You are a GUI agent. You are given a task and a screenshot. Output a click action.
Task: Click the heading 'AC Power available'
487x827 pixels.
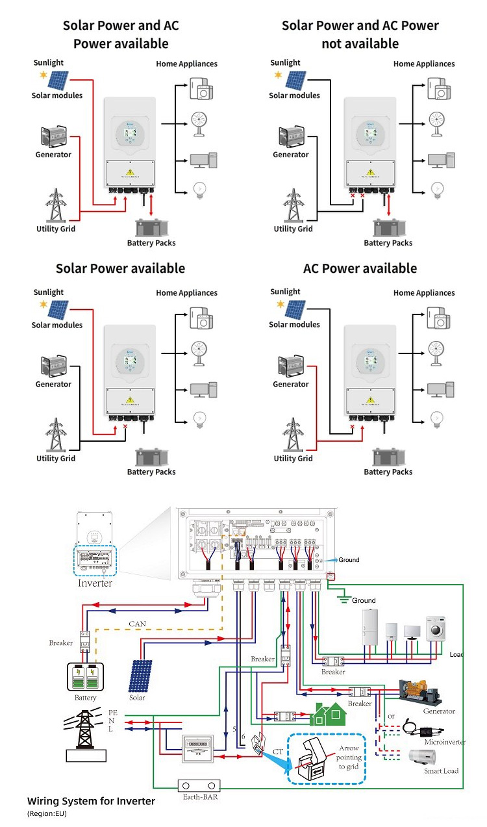pos(360,269)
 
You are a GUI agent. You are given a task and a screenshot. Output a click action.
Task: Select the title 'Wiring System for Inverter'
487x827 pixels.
pos(91,801)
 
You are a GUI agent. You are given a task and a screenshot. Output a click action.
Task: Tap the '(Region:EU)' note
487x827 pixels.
pos(47,813)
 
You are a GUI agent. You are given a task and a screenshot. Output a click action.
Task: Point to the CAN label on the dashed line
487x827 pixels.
pos(138,624)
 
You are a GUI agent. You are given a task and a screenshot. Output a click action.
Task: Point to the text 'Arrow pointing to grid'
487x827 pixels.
pos(349,757)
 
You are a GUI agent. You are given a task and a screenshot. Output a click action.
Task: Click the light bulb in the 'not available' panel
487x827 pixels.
pos(438,189)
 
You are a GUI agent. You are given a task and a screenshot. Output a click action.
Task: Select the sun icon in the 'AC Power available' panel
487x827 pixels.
pos(279,303)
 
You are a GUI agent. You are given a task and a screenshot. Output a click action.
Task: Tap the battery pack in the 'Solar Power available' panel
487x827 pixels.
pos(151,457)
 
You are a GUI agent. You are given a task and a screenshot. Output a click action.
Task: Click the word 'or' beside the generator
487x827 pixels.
pos(390,717)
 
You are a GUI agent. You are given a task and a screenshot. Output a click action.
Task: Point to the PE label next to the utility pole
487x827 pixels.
pos(113,712)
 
